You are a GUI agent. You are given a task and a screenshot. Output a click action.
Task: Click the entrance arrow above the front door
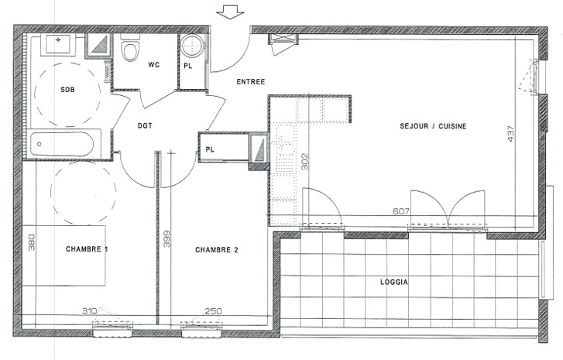coord(230,12)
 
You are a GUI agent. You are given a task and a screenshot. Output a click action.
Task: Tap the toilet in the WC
coord(129,48)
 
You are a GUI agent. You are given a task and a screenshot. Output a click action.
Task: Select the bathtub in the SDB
coord(62,144)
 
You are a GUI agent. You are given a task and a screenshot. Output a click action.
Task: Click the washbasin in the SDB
coord(58,44)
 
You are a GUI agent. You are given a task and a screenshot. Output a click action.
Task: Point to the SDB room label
coord(67,89)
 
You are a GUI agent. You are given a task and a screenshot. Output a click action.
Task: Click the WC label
coord(153,65)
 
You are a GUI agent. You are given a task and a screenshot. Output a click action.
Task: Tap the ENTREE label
coord(251,82)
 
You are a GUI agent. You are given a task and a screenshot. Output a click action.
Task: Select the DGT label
coord(145,125)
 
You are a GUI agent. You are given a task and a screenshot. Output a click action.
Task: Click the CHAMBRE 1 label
coord(87,249)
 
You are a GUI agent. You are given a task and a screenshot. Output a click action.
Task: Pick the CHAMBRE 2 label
coord(217,250)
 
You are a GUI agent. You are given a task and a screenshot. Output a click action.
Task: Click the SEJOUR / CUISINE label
coord(433,126)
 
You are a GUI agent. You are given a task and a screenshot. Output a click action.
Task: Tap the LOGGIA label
coord(394,282)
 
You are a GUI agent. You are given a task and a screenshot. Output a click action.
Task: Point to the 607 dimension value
coord(400,211)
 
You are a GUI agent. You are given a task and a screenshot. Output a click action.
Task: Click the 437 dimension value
coord(511,133)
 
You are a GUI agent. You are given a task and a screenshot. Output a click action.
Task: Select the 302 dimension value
coord(304,162)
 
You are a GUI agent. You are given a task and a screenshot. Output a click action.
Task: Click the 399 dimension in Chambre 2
coord(166,238)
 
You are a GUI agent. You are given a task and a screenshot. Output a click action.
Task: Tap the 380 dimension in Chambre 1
coord(32,242)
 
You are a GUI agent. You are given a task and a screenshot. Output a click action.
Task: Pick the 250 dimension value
coord(213,310)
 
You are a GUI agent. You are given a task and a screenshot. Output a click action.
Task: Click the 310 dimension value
coord(90,310)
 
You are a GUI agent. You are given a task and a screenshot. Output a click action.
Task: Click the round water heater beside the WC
coord(192,46)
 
